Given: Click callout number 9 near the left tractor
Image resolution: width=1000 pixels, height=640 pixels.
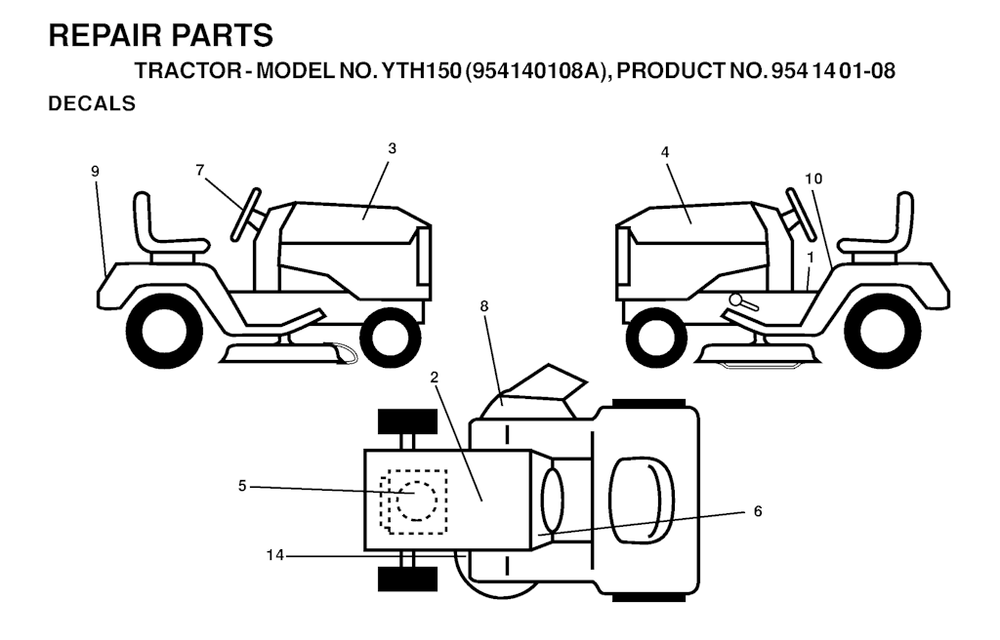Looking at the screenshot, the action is [95, 171].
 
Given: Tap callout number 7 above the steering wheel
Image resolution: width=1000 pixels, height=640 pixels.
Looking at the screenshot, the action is [200, 170].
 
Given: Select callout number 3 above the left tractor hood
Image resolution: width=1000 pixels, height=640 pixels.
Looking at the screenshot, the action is [392, 148].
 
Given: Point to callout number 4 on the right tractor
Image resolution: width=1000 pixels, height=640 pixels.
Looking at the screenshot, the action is [665, 152].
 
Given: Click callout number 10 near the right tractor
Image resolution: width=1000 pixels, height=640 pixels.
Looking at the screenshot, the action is [813, 180].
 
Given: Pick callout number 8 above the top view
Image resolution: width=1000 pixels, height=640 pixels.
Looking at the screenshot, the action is [484, 306].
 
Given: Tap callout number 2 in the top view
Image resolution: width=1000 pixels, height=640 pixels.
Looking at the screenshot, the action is [435, 378].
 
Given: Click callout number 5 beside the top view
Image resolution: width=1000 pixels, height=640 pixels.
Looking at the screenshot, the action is [242, 487].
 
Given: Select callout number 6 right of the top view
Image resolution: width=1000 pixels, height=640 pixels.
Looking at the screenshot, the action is [758, 511].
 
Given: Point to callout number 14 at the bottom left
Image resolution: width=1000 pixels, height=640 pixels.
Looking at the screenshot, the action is [274, 555].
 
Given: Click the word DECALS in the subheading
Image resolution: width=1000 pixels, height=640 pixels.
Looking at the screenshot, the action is [92, 103].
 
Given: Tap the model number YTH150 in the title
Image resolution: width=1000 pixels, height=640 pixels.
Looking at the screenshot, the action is [421, 71].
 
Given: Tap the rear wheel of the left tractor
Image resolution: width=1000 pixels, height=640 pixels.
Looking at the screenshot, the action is [164, 330].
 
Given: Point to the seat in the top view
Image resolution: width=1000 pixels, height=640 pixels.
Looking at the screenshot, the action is [642, 500].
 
